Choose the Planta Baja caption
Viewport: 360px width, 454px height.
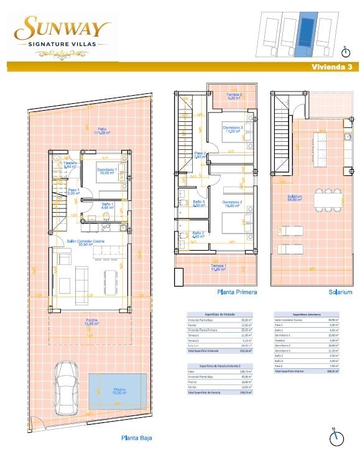[x=136, y=438]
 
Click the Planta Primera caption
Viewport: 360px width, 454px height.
[x=236, y=291]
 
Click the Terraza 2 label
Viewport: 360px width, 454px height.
[x=234, y=96]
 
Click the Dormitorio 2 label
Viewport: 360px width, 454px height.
[x=232, y=203]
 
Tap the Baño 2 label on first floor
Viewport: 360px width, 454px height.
[x=198, y=235]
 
